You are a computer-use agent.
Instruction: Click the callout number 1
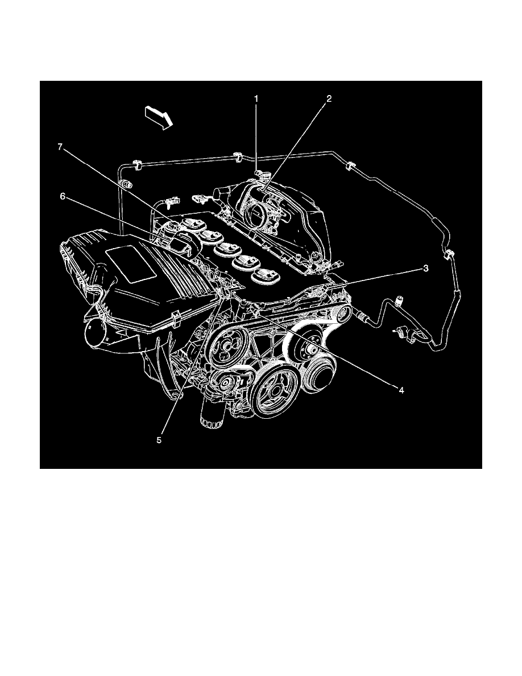[x=256, y=98]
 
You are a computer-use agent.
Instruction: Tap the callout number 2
[x=328, y=98]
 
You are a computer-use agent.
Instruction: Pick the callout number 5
[x=160, y=440]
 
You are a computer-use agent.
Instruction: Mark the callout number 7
[x=60, y=147]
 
